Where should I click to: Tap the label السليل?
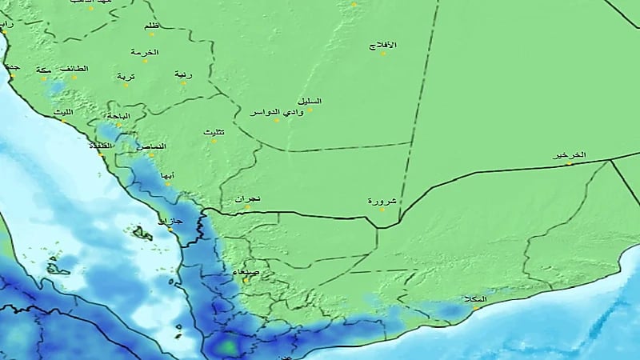pyautogui.click(x=309, y=101)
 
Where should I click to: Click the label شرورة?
pyautogui.click(x=382, y=200)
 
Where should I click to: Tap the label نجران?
pyautogui.click(x=249, y=198)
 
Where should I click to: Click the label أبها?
pyautogui.click(x=166, y=175)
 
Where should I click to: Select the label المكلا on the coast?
pyautogui.click(x=474, y=300)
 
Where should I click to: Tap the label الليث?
pyautogui.click(x=63, y=113)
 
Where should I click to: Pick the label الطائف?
pyautogui.click(x=74, y=69)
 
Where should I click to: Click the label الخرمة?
pyautogui.click(x=146, y=53)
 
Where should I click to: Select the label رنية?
pyautogui.click(x=184, y=74)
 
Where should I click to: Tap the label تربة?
pyautogui.click(x=126, y=76)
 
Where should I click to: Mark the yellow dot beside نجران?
pyautogui.click(x=247, y=208)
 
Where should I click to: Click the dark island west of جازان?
pyautogui.click(x=143, y=234)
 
